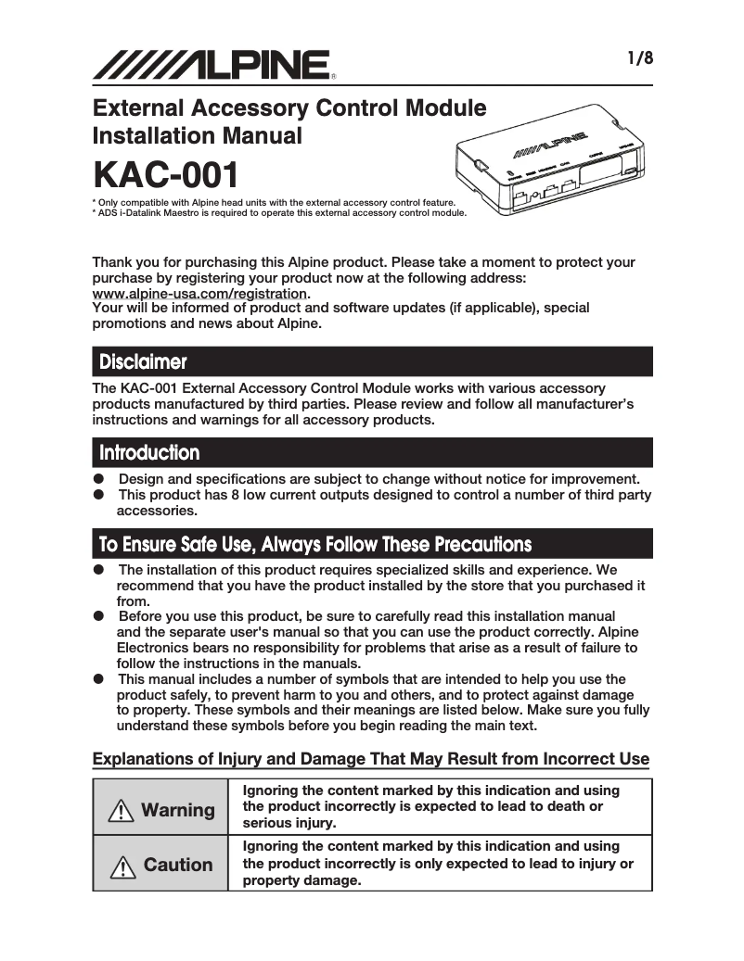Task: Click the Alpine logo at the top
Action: point(212,65)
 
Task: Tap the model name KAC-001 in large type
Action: point(165,175)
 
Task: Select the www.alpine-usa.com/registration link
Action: point(199,293)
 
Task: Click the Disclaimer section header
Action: point(143,361)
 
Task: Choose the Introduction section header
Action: point(149,453)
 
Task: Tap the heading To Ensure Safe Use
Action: point(315,544)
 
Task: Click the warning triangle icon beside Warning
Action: point(122,811)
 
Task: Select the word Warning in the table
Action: point(177,811)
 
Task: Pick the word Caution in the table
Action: point(177,866)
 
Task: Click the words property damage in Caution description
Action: point(300,881)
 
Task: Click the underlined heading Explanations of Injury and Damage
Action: point(371,759)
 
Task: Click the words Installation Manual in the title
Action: point(197,135)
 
